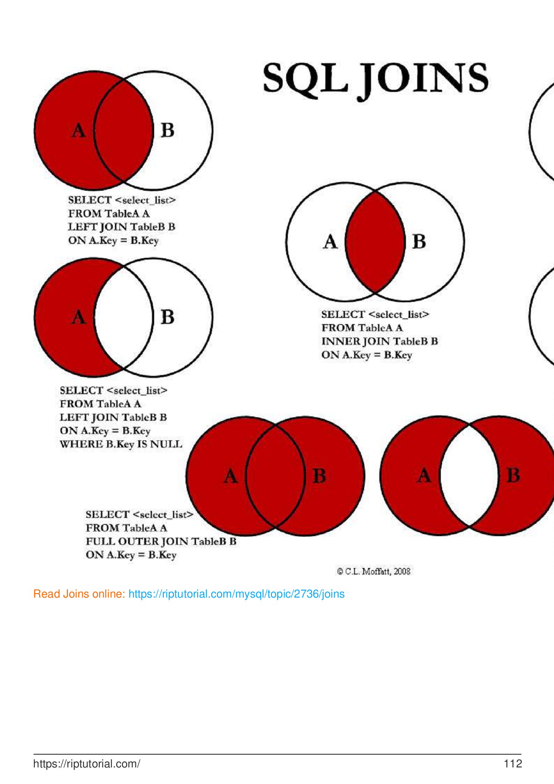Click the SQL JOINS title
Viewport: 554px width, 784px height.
click(375, 80)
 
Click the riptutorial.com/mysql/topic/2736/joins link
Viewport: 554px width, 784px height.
click(236, 594)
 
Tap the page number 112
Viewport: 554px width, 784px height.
click(513, 764)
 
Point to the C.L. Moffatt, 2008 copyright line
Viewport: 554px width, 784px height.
click(374, 571)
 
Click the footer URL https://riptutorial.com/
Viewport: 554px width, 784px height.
click(87, 764)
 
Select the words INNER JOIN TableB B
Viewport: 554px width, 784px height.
click(379, 341)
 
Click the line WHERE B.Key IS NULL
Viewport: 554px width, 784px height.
click(121, 444)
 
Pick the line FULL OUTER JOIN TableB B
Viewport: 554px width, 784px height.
click(161, 541)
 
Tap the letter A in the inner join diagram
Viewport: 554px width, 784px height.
click(331, 241)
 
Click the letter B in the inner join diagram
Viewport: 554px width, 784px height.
click(419, 241)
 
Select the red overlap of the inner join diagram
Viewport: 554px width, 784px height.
click(375, 242)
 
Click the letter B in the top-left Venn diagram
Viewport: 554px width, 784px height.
click(168, 130)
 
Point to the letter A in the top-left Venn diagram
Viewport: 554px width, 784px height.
click(79, 130)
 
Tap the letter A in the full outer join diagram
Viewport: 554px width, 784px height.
click(231, 476)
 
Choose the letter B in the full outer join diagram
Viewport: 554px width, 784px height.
click(319, 476)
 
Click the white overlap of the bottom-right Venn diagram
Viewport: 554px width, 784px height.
click(469, 476)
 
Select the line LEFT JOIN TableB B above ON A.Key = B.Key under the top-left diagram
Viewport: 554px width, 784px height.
click(122, 227)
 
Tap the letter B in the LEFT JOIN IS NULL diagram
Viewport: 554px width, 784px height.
click(168, 317)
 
